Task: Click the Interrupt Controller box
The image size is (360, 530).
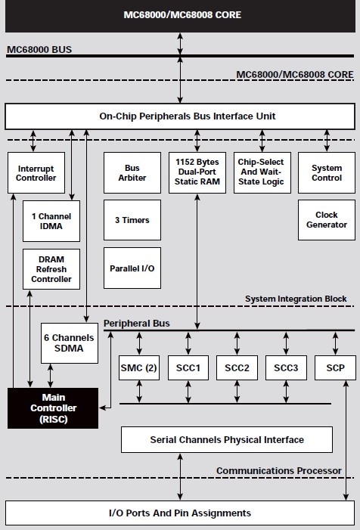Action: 36,172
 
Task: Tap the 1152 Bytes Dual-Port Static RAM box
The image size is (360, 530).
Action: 197,172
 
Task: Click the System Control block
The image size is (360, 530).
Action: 327,172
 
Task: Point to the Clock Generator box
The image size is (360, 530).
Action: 327,220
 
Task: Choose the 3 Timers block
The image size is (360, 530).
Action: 132,220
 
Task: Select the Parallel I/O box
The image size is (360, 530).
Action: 132,268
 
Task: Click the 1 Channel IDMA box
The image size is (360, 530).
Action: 51,220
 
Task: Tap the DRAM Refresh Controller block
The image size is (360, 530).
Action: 51,268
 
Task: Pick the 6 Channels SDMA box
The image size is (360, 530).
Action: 69,342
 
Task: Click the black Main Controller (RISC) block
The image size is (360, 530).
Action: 52,408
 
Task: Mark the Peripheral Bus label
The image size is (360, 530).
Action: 136,324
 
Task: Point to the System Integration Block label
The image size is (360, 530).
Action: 296,299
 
